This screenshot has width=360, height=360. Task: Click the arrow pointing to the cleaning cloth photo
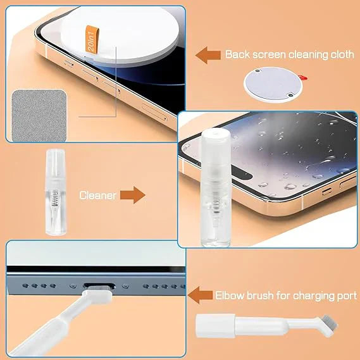[207, 55]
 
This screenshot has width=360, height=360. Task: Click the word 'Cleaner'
[97, 195]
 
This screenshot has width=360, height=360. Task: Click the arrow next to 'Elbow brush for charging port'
[201, 295]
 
